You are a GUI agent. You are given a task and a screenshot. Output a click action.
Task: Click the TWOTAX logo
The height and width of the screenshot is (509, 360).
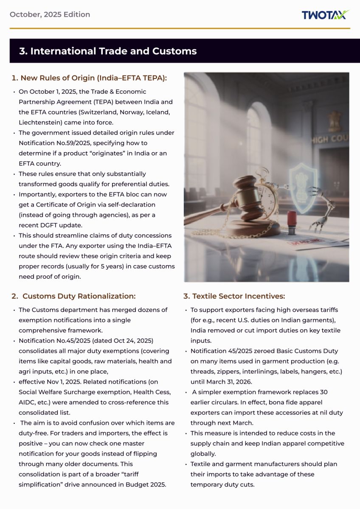pos(326,15)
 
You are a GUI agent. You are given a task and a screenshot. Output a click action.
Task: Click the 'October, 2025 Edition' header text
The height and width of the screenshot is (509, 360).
pos(50,14)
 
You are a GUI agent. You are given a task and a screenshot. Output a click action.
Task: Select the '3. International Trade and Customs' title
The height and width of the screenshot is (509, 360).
pos(108,51)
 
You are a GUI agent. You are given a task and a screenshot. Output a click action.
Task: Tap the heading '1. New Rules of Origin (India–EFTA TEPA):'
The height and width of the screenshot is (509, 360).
pos(89,78)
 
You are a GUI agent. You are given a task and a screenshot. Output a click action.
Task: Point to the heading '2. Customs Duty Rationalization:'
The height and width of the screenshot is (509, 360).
pos(73,296)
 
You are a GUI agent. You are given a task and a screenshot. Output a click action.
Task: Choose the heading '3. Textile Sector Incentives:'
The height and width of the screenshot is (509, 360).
pos(234,296)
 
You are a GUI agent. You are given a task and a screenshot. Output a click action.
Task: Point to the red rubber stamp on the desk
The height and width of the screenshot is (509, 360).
pos(292,221)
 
